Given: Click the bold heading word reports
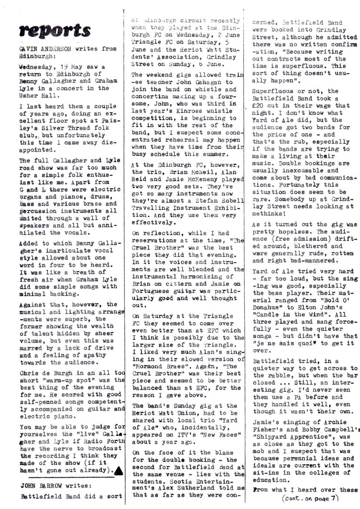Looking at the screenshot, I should pos(55,30).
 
